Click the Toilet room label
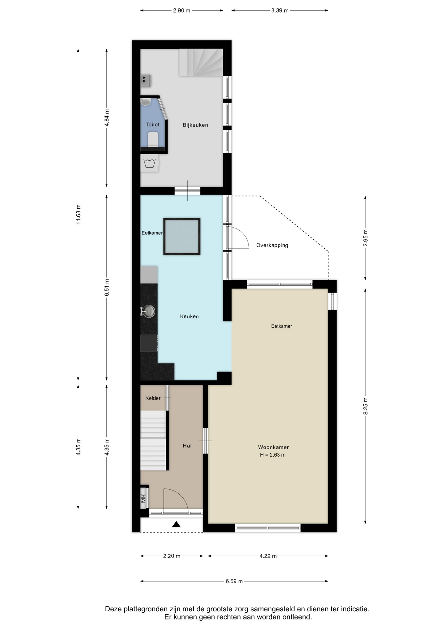coord(152,124)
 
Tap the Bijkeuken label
coord(195,125)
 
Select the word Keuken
coord(189,316)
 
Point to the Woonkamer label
coord(273,447)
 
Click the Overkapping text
coord(272,245)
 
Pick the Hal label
coord(187,446)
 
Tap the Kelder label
coord(153,398)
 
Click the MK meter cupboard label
coord(143,498)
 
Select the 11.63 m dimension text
coord(78,215)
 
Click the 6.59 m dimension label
coord(234,581)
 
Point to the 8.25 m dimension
coord(366,406)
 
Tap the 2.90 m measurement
coord(182,10)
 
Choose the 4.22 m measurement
coord(268,556)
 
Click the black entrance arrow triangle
coord(176,524)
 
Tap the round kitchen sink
coord(149,311)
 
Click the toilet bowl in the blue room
coord(153,139)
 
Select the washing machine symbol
coord(150,163)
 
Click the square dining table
coord(182,237)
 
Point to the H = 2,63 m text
coord(273,455)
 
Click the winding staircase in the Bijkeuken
coord(201,62)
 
